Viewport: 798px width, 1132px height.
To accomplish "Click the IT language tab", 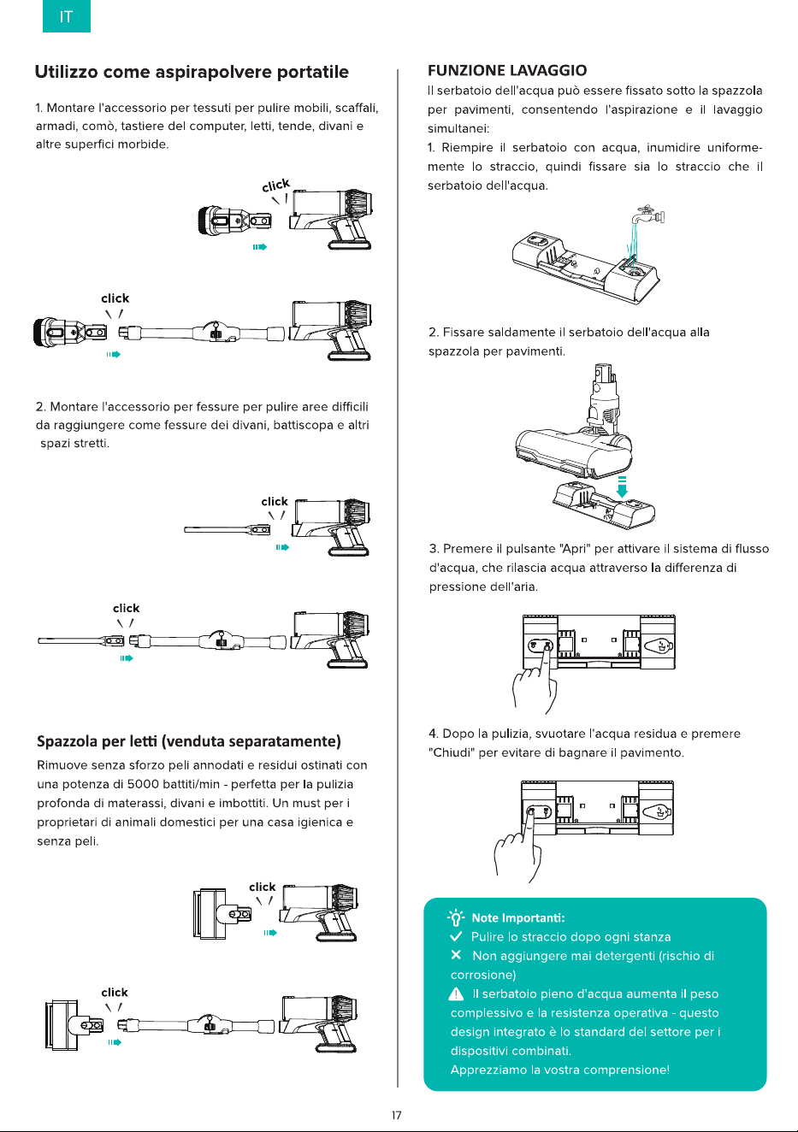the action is [x=66, y=16].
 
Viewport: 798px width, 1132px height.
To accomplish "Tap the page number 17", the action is [x=397, y=1115].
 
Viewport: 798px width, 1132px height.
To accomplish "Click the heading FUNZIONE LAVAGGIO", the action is [x=507, y=70].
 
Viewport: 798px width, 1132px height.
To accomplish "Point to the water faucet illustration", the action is [x=647, y=215].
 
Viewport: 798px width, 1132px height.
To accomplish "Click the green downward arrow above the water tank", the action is [x=622, y=486].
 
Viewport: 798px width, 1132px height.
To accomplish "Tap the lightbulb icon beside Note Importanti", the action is [x=456, y=917].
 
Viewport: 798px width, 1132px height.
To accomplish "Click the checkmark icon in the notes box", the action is [x=456, y=936].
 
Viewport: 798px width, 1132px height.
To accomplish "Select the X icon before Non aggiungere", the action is [x=456, y=955].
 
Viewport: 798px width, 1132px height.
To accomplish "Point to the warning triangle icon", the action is [x=456, y=994].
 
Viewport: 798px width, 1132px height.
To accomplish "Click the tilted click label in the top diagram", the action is [x=276, y=185].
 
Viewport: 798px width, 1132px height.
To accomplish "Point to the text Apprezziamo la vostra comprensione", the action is [x=560, y=1070].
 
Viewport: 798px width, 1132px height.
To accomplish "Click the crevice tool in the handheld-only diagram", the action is [x=227, y=529].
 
